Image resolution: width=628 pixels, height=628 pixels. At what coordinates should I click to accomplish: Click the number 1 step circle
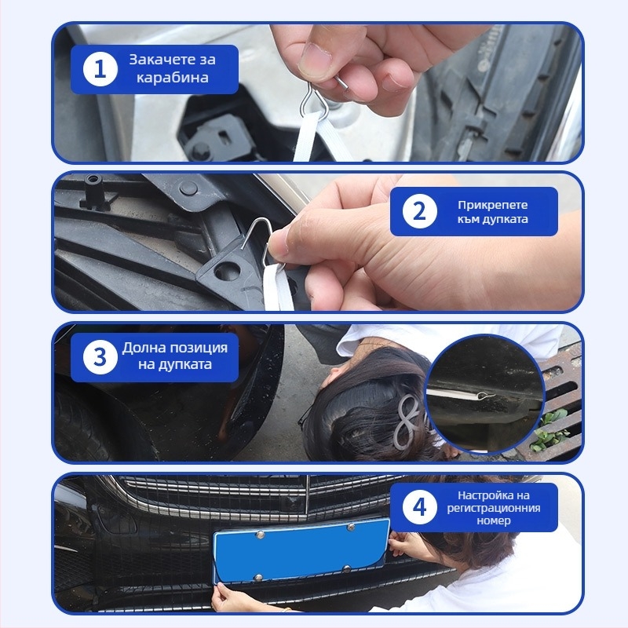[x=100, y=69]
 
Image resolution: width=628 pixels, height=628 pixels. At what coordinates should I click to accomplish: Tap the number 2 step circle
[x=419, y=211]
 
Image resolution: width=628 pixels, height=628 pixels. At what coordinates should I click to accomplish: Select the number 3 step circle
[x=100, y=357]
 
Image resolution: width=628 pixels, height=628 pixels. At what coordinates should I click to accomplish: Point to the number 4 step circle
[x=419, y=507]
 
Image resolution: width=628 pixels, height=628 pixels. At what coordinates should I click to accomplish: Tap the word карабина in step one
[x=172, y=77]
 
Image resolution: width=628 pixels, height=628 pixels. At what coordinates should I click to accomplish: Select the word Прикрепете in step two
[x=493, y=205]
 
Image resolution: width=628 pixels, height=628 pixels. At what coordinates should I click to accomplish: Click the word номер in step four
[x=494, y=521]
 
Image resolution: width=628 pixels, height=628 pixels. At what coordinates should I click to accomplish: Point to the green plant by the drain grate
[x=552, y=431]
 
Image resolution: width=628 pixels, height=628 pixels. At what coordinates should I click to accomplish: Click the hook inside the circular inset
[x=486, y=396]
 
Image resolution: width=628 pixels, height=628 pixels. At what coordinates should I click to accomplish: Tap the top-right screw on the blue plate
[x=351, y=526]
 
